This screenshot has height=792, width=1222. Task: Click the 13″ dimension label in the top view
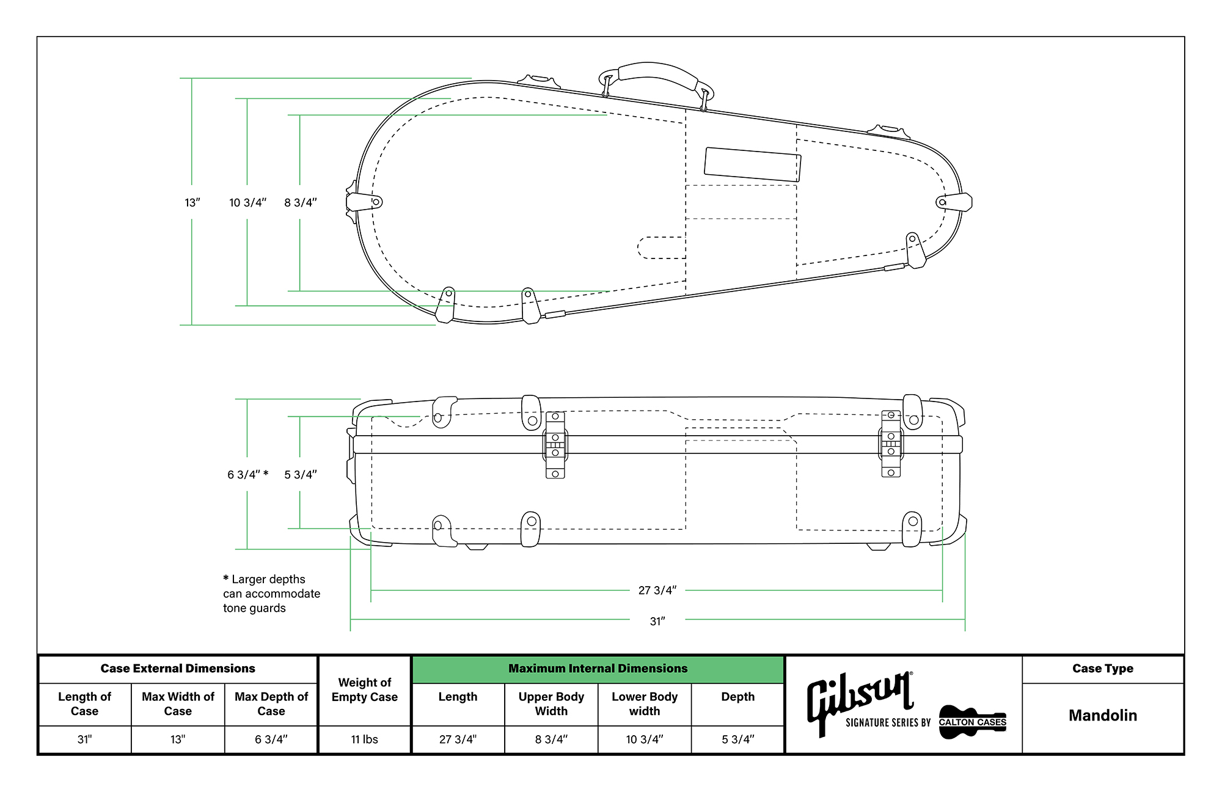192,203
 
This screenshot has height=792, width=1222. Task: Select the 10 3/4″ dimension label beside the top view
247,203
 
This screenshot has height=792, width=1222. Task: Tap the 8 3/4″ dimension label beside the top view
300,203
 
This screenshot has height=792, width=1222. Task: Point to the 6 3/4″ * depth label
247,475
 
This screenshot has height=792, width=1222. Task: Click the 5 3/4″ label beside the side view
300,475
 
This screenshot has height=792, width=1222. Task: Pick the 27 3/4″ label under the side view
657,590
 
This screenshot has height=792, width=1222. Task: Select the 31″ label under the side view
657,621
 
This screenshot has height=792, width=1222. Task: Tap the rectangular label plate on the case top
752,164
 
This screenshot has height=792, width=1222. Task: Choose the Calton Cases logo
972,722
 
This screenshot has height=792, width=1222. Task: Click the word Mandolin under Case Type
1102,716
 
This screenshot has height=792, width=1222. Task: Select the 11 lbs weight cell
364,739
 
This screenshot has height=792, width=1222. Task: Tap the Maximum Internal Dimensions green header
598,669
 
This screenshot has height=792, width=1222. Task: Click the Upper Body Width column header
551,704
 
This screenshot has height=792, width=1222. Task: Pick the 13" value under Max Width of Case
178,739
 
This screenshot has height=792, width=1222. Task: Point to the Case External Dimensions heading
178,669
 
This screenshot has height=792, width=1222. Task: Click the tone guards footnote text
271,593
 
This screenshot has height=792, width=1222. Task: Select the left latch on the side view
555,445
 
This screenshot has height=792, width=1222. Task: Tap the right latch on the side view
891,444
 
